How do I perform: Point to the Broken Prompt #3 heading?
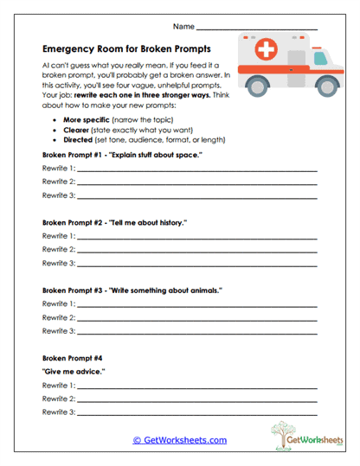(131, 290)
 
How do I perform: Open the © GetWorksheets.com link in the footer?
(180, 440)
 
